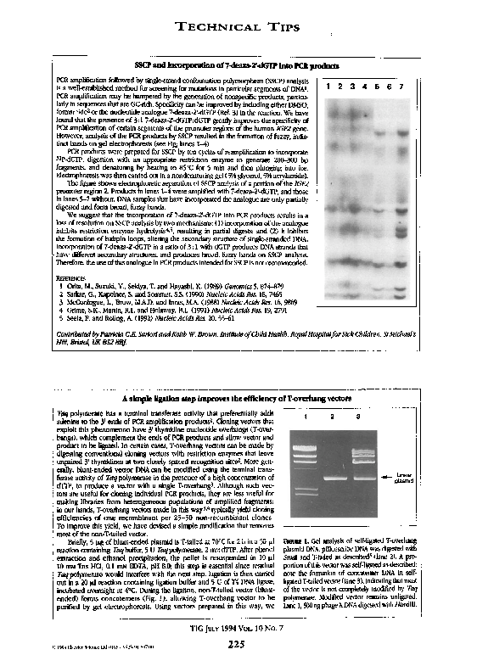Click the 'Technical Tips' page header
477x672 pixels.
[238, 28]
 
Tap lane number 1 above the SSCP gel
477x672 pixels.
[328, 86]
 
